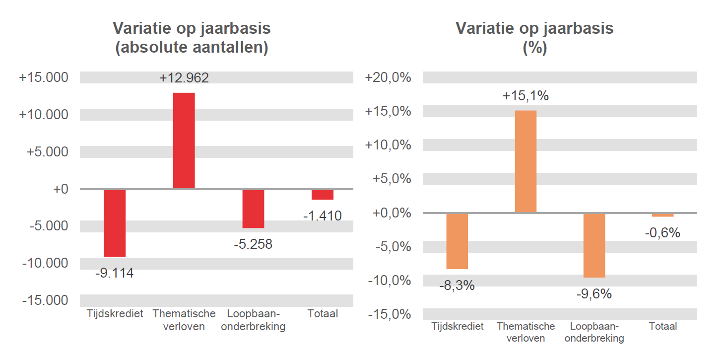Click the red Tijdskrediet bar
point(115,223)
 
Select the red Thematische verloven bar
point(184,141)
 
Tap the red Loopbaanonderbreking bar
point(253,209)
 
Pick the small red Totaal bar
point(323,195)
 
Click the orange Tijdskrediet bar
point(457,241)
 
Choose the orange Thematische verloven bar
point(526,161)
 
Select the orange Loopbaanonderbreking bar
point(594,245)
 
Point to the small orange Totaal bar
point(662,215)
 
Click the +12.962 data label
point(184,78)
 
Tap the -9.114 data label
point(115,273)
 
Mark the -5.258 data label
point(253,244)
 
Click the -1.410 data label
point(323,216)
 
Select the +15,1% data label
point(526,96)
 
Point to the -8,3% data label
point(457,286)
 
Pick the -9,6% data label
point(594,294)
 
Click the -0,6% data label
point(662,233)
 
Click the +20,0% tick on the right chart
point(388,78)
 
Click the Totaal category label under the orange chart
point(662,327)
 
